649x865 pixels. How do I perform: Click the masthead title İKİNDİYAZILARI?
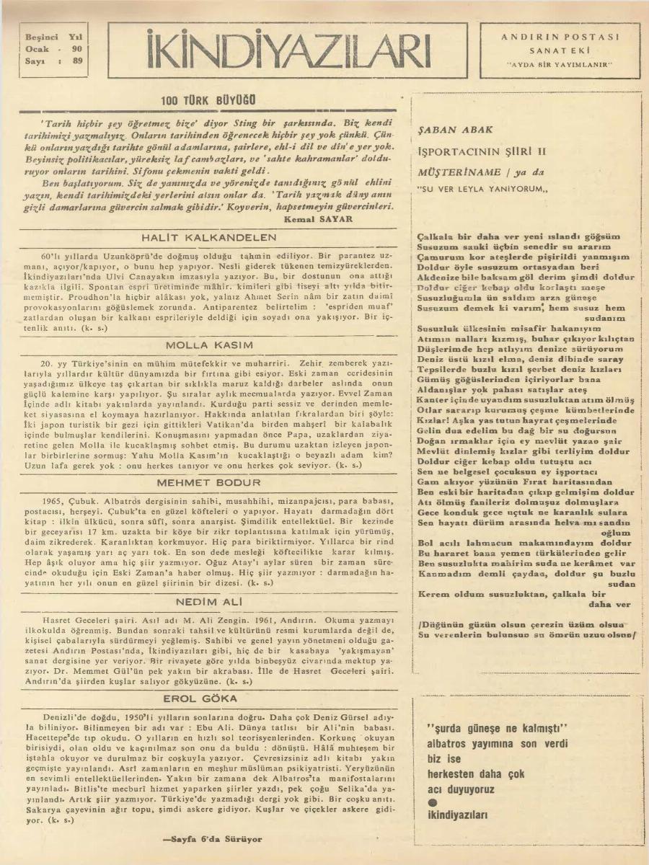[288, 50]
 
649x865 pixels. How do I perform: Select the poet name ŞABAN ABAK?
[456, 130]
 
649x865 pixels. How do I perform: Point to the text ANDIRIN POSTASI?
[560, 36]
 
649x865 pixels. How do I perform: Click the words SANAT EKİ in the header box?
[560, 50]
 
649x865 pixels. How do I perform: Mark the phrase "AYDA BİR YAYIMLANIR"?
[560, 65]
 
